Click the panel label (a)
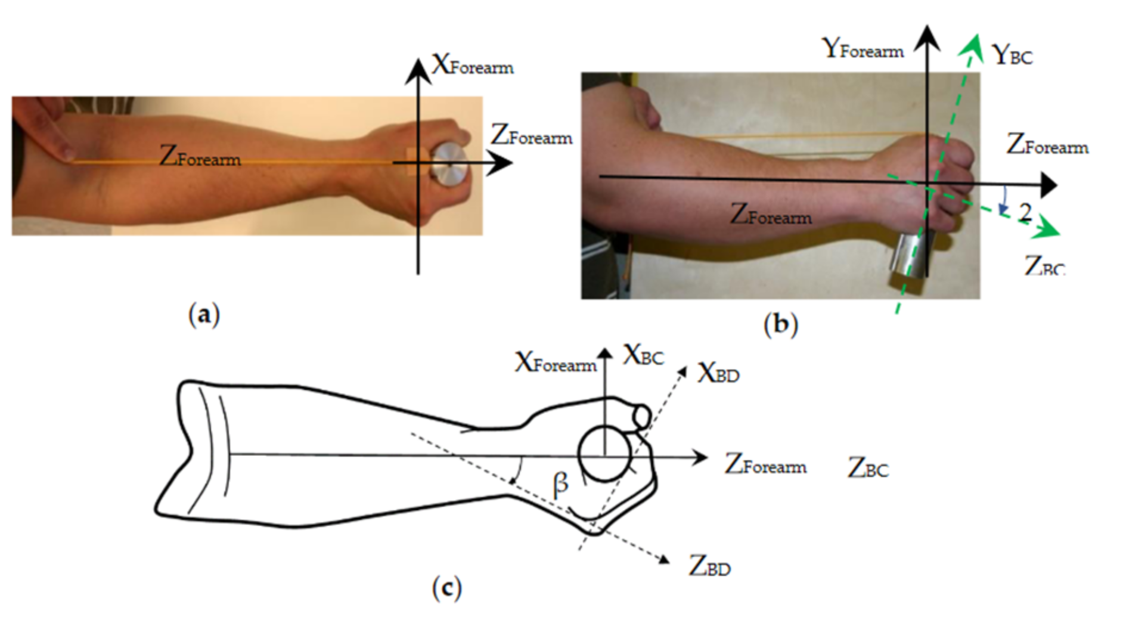[x=204, y=314]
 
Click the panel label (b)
[x=780, y=324]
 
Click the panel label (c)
[x=446, y=589]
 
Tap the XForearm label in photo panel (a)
[x=472, y=65]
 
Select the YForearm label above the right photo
[x=863, y=49]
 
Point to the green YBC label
[x=1012, y=55]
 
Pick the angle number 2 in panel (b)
[x=1025, y=212]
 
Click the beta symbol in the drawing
[x=560, y=484]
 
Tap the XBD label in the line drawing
[x=718, y=374]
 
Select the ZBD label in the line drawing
[x=709, y=566]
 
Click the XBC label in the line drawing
[x=643, y=356]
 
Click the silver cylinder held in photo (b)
[x=910, y=255]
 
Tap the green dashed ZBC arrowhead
[x=1051, y=232]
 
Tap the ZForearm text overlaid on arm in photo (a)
[x=200, y=158]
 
